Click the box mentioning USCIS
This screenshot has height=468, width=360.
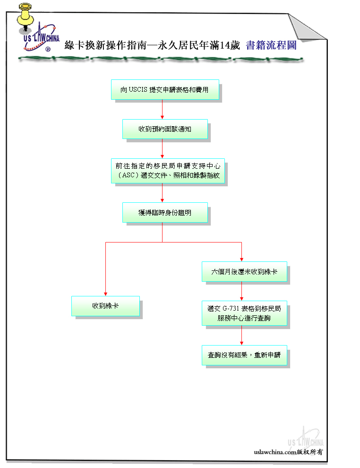click(x=165, y=89)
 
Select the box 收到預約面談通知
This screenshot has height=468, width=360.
click(x=165, y=129)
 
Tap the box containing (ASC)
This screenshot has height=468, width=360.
click(x=168, y=171)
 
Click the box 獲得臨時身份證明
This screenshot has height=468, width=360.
click(x=165, y=213)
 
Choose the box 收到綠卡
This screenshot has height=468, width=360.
click(x=105, y=306)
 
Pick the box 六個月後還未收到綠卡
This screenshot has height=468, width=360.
click(x=244, y=272)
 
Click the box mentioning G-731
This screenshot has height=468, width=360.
click(x=244, y=313)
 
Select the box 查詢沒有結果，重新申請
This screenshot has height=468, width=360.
click(x=244, y=355)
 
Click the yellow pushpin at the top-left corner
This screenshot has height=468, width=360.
click(x=25, y=17)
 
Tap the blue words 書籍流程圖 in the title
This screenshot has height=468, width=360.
click(x=271, y=45)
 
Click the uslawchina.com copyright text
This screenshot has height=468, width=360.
click(x=288, y=452)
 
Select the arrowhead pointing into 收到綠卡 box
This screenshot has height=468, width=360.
click(x=105, y=294)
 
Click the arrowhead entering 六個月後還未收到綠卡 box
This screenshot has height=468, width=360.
click(x=241, y=260)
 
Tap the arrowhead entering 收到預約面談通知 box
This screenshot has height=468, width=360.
click(x=162, y=117)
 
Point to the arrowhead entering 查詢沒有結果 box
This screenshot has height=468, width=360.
click(x=241, y=343)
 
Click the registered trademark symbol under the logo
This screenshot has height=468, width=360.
click(x=48, y=49)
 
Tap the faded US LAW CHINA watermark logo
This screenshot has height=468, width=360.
click(x=305, y=438)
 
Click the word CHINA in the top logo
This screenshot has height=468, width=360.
click(x=53, y=38)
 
